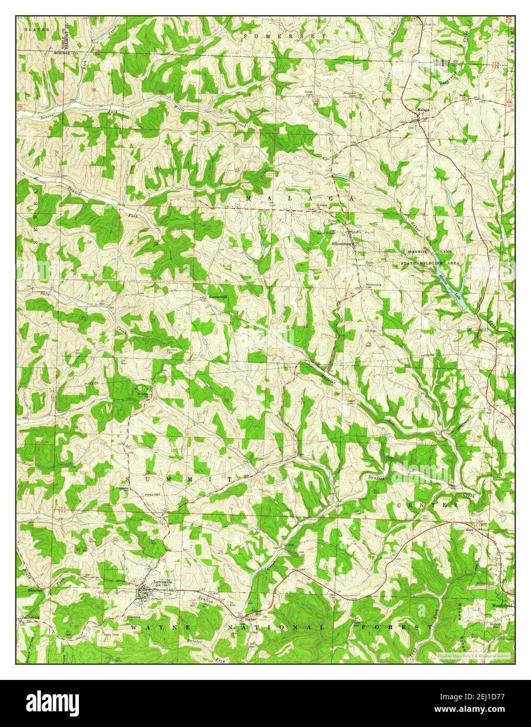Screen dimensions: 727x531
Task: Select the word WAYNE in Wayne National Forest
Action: pyautogui.click(x=151, y=627)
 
